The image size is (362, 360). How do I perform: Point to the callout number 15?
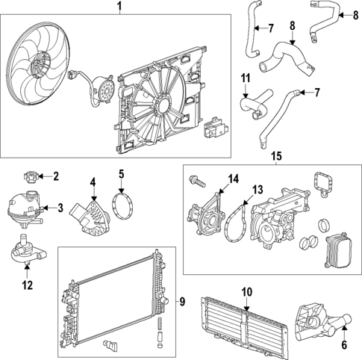(x=276, y=157)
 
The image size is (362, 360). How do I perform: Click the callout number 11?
(x=245, y=78)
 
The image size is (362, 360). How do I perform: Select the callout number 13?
(x=257, y=190)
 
